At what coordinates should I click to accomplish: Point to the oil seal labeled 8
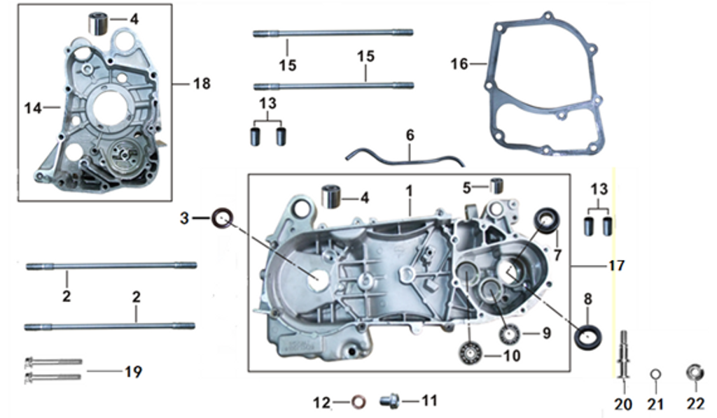[587, 336]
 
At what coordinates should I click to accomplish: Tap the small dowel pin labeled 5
[497, 186]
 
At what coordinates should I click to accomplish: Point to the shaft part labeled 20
[623, 356]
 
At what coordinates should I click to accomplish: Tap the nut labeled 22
[695, 373]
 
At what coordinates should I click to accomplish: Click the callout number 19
[133, 372]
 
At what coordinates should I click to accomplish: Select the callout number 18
[202, 84]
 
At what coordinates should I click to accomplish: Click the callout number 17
[617, 266]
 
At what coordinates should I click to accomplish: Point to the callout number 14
[32, 108]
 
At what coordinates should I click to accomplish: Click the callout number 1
[409, 190]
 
